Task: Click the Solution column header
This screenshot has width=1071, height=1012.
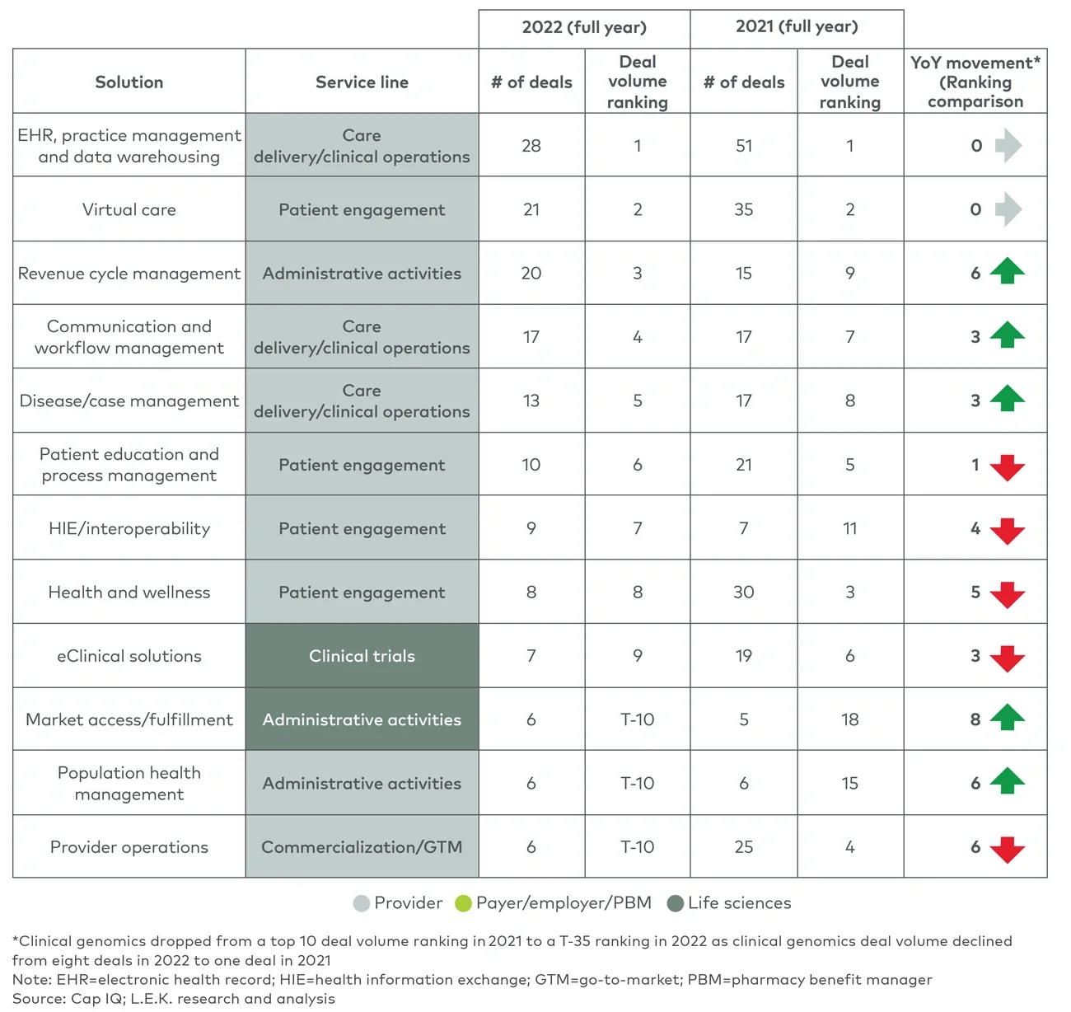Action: click(x=129, y=82)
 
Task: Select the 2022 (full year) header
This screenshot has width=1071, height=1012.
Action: click(x=584, y=27)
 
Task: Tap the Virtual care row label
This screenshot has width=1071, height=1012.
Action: click(x=129, y=209)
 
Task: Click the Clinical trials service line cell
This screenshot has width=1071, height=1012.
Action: click(x=362, y=656)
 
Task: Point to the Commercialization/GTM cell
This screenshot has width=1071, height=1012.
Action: click(x=362, y=847)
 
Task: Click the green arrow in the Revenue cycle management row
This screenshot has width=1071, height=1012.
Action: click(x=1007, y=271)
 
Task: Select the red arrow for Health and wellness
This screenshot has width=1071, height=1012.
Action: click(x=1007, y=594)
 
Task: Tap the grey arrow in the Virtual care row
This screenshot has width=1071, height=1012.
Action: click(x=1008, y=209)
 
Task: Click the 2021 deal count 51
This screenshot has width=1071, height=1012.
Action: click(x=744, y=146)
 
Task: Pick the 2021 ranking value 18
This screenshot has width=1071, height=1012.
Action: click(x=850, y=719)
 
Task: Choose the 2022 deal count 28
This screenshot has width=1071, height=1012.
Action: click(x=531, y=146)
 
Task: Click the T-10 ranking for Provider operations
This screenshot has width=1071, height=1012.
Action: click(x=638, y=847)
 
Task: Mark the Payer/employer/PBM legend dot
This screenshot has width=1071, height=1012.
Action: click(x=463, y=903)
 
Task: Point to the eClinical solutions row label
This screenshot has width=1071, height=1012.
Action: click(x=129, y=656)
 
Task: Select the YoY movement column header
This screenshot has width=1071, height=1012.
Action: click(x=975, y=82)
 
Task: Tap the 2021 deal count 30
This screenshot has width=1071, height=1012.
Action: click(x=744, y=592)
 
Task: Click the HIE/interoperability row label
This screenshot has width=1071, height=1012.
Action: click(x=129, y=528)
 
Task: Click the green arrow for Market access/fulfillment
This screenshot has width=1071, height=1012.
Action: click(x=1007, y=718)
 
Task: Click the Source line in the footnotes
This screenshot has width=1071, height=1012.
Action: click(x=174, y=999)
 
